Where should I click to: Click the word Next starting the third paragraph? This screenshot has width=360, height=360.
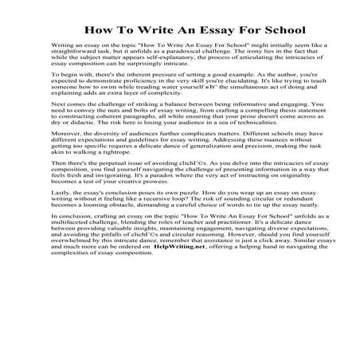(57, 127)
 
